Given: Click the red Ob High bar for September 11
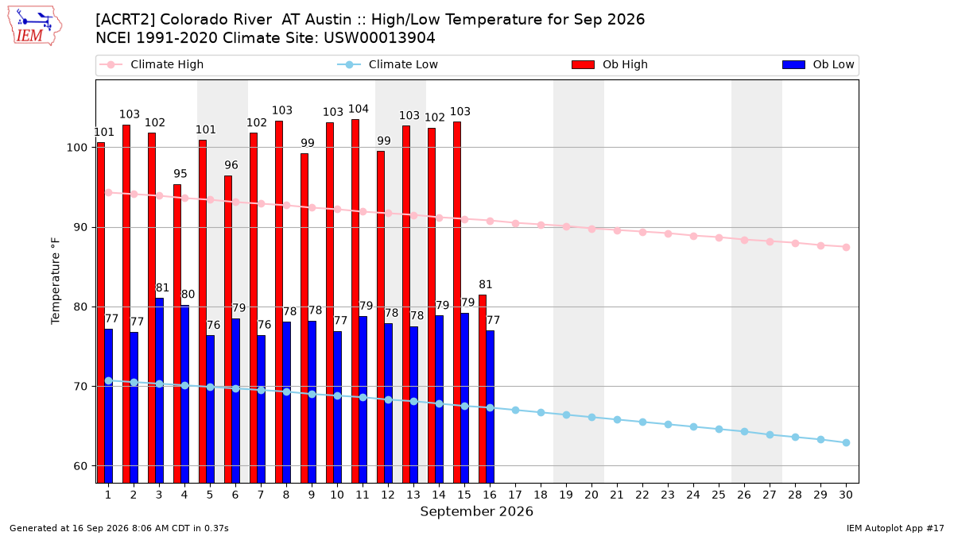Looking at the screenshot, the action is click(x=355, y=301).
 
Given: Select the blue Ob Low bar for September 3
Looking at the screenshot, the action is click(x=159, y=391).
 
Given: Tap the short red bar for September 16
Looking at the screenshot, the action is click(x=483, y=389).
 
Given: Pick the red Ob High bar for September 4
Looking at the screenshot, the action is click(x=177, y=334).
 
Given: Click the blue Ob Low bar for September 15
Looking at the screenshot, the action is click(x=464, y=398).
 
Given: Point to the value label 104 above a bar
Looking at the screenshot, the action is click(x=359, y=110).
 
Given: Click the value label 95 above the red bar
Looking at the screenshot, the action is click(x=180, y=174).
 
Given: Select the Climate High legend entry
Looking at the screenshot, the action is click(x=151, y=64).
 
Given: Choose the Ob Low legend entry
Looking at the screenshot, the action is click(x=818, y=64).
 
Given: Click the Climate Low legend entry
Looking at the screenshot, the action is click(x=387, y=64).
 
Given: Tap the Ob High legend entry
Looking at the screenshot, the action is click(x=610, y=64).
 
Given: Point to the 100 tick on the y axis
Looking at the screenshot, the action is click(x=76, y=148).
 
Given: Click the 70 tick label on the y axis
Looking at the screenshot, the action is click(x=80, y=387).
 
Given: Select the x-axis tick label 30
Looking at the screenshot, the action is click(x=846, y=495).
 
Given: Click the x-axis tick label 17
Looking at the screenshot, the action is click(x=515, y=495).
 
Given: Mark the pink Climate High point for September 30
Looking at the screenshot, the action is click(x=846, y=247).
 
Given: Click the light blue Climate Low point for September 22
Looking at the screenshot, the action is click(x=642, y=422).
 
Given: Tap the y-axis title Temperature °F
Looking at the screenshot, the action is click(x=56, y=281).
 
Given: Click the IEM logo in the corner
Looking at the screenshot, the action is click(x=34, y=26).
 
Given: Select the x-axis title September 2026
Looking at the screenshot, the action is click(x=476, y=511).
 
